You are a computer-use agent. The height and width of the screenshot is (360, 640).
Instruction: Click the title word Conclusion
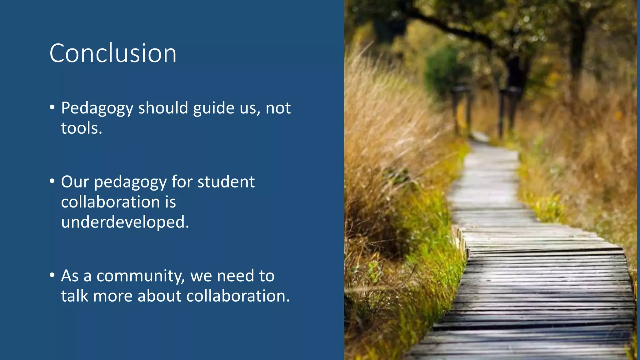[113, 53]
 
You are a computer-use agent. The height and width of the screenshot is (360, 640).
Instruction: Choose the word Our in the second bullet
[75, 182]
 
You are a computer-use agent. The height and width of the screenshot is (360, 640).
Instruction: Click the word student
[226, 182]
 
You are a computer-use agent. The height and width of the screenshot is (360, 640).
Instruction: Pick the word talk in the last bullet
[74, 296]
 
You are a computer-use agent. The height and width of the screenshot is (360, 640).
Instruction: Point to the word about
[159, 296]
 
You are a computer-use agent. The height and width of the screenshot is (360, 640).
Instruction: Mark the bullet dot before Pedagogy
[52, 107]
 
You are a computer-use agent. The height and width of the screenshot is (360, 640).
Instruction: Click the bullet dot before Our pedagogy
[52, 181]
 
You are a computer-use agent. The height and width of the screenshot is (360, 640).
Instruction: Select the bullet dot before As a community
[52, 275]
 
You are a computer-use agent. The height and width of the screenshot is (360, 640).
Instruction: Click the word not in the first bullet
[278, 108]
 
